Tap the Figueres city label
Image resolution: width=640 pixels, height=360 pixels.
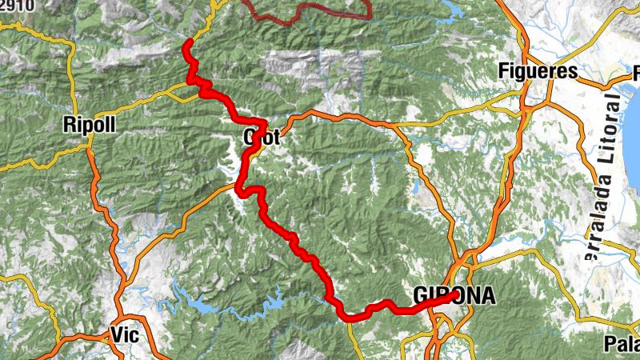[537, 71]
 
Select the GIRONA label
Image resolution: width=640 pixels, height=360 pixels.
[454, 297]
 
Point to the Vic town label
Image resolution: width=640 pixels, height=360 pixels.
[126, 335]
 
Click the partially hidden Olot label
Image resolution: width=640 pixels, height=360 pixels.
[262, 138]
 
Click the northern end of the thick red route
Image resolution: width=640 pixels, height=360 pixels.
[188, 42]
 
